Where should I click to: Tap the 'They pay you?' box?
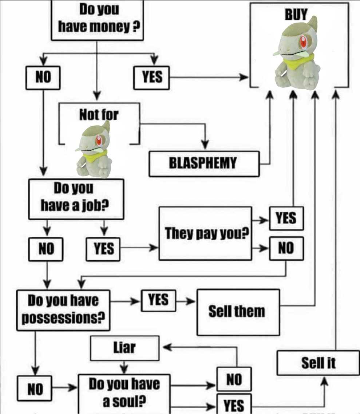point(205,233)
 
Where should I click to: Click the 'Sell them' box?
point(238,312)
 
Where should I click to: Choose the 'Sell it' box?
point(318,363)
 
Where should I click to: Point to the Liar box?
point(124,348)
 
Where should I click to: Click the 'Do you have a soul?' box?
point(124,393)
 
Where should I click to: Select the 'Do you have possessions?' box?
point(63,310)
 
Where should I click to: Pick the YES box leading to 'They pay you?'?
point(103,249)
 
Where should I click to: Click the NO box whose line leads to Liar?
point(234,379)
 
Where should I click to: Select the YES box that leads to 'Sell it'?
point(234,404)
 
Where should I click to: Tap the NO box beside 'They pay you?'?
point(286,248)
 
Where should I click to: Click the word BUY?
point(296,15)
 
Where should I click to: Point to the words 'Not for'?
point(99,115)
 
